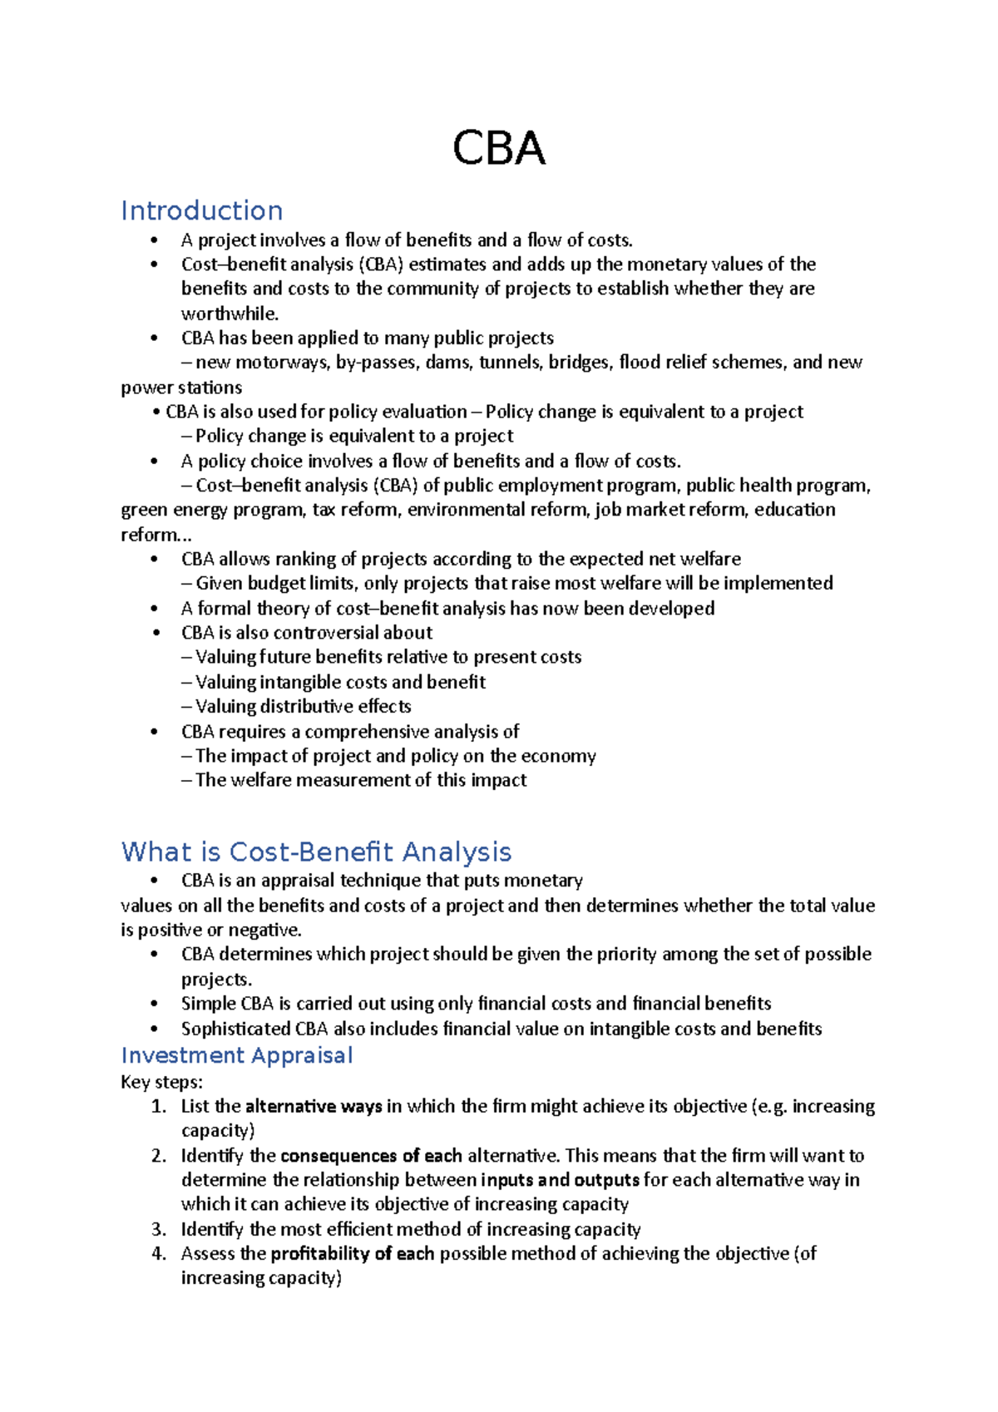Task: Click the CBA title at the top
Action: (498, 150)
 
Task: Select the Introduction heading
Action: (202, 210)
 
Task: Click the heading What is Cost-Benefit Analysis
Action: (316, 852)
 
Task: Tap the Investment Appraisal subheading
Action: (237, 1055)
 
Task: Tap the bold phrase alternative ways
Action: (314, 1107)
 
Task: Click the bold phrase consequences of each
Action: (371, 1156)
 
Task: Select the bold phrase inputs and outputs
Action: (560, 1180)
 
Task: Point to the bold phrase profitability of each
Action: (353, 1254)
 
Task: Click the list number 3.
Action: (159, 1230)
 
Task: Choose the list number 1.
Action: (159, 1107)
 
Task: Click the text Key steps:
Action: (161, 1082)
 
